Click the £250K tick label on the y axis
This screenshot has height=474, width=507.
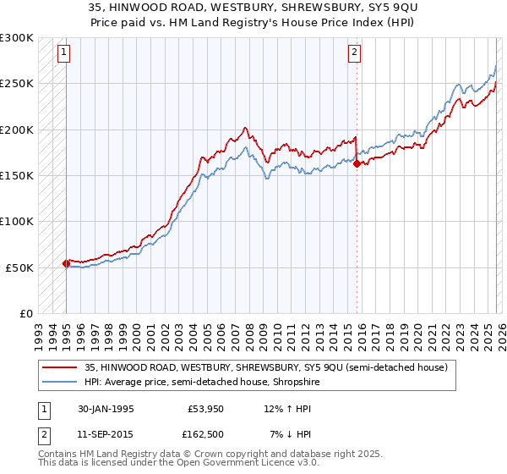tap(17, 84)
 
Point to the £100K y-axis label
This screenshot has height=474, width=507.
tap(17, 222)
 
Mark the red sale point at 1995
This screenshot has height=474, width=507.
tap(67, 263)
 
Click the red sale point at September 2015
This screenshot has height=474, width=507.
tap(357, 164)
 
